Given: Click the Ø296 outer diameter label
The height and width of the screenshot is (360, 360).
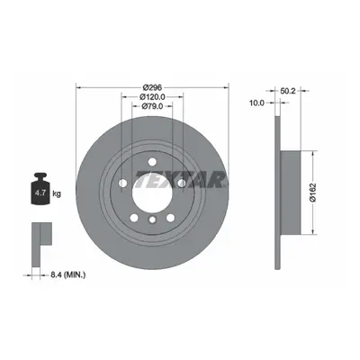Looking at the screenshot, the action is coord(152,87).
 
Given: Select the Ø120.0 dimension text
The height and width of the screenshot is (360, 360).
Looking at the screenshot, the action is coord(152,96).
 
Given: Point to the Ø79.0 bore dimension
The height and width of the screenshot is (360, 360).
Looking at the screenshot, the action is coord(152,106).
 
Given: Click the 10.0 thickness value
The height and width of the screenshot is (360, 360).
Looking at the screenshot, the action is coord(256,103).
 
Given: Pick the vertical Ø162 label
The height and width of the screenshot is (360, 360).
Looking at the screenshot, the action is coord(313,192).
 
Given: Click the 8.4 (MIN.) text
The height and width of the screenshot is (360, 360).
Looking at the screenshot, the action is coord(63,274).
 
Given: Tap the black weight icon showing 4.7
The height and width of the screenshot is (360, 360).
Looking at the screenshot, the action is coord(40,189).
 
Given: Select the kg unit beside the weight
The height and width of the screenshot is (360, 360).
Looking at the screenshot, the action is coord(57,193).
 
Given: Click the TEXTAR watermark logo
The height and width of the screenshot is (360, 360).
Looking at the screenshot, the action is coord(180,179).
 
